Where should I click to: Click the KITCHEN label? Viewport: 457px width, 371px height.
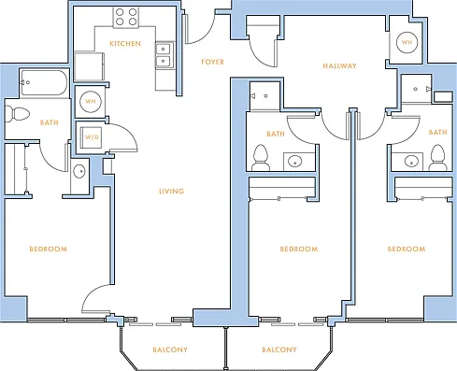pyautogui.click(x=125, y=44)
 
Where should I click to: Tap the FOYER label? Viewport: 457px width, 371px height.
pyautogui.click(x=213, y=62)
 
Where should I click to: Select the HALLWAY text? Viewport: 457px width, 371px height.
pyautogui.click(x=339, y=65)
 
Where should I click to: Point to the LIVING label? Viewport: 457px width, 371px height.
pyautogui.click(x=171, y=191)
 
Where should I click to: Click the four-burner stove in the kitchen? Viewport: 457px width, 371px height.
pyautogui.click(x=126, y=17)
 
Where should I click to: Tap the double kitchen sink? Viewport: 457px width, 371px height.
pyautogui.click(x=164, y=55)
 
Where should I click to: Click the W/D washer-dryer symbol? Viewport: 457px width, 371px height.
pyautogui.click(x=92, y=137)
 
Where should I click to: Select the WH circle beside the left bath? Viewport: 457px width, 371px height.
pyautogui.click(x=91, y=101)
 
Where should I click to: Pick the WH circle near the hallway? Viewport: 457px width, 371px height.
pyautogui.click(x=407, y=42)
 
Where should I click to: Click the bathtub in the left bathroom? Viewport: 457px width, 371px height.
pyautogui.click(x=44, y=83)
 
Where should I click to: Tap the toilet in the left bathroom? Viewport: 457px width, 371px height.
pyautogui.click(x=18, y=114)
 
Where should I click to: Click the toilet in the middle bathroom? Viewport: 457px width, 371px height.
pyautogui.click(x=261, y=158)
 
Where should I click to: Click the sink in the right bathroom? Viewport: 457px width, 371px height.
pyautogui.click(x=411, y=161)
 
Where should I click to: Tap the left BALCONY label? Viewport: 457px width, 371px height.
pyautogui.click(x=170, y=350)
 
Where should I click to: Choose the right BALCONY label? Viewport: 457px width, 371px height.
pyautogui.click(x=279, y=350)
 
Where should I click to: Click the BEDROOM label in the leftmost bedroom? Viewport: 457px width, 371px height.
pyautogui.click(x=49, y=249)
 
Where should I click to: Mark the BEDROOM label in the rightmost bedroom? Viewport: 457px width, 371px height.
pyautogui.click(x=407, y=249)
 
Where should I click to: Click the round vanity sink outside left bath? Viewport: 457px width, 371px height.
pyautogui.click(x=79, y=171)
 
